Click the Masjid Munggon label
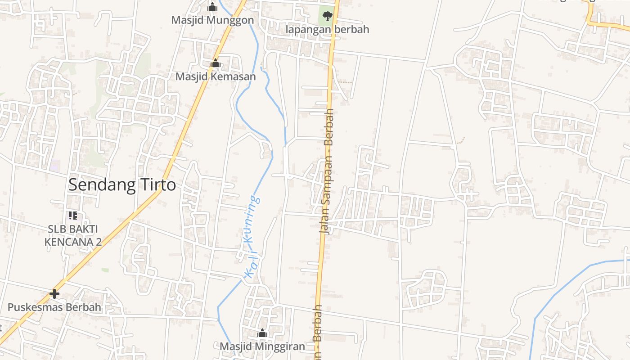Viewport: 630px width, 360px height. pyautogui.click(x=212, y=20)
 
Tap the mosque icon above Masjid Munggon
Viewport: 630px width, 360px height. pyautogui.click(x=212, y=7)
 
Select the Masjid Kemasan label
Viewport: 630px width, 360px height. pyautogui.click(x=216, y=76)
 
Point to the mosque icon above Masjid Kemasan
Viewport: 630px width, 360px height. pyautogui.click(x=216, y=63)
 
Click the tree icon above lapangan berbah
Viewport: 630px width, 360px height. pyautogui.click(x=327, y=16)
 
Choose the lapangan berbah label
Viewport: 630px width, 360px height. pyautogui.click(x=327, y=29)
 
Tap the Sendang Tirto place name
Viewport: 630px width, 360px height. pyautogui.click(x=122, y=184)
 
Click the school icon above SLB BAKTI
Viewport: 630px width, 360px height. pyautogui.click(x=73, y=216)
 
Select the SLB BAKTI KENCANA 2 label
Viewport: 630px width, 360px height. pyautogui.click(x=73, y=235)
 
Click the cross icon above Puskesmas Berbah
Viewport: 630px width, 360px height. pyautogui.click(x=54, y=294)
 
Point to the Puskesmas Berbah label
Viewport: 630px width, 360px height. pyautogui.click(x=54, y=307)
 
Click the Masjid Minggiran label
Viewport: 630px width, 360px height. pyautogui.click(x=262, y=346)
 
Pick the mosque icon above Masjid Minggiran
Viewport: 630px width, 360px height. pyautogui.click(x=262, y=333)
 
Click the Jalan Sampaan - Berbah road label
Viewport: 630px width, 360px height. pyautogui.click(x=328, y=171)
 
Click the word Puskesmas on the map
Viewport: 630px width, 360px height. pyautogui.click(x=35, y=307)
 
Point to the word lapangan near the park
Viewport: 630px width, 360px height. pyautogui.click(x=306, y=29)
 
